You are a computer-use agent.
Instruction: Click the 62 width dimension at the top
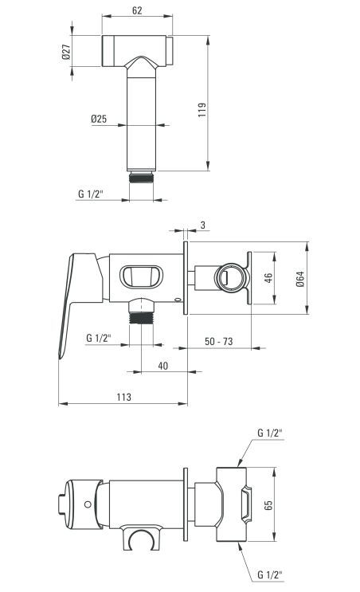tap(137, 10)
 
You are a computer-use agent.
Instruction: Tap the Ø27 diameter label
tap(66, 52)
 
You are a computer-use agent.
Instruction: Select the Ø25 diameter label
tap(99, 119)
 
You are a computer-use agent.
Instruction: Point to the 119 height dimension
tap(202, 109)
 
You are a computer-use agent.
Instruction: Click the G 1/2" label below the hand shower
tap(91, 194)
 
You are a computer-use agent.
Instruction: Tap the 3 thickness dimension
tap(203, 225)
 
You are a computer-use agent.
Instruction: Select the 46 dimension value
tap(268, 278)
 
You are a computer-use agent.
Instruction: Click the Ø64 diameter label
tap(300, 279)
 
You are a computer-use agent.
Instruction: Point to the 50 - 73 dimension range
tap(218, 341)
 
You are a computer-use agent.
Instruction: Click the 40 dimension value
tap(163, 366)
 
